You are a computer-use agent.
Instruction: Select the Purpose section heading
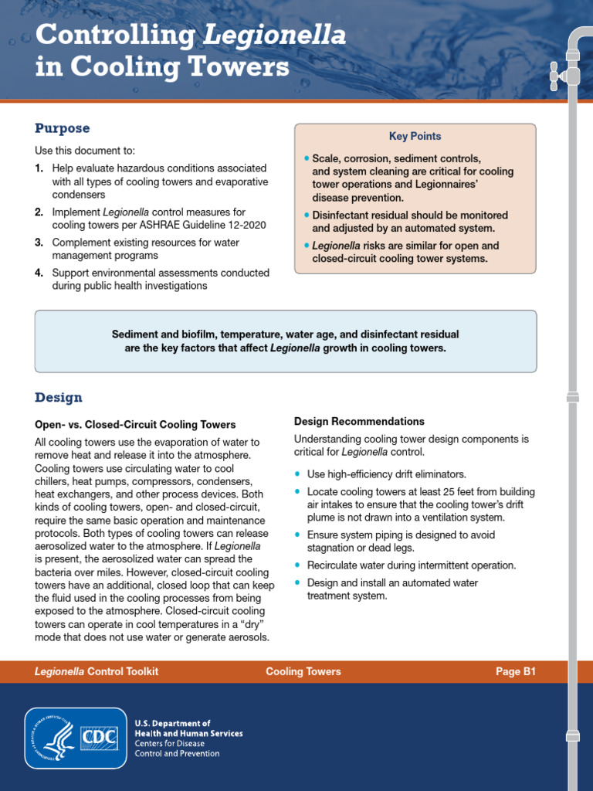click(x=62, y=128)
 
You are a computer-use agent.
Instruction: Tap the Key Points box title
click(x=415, y=137)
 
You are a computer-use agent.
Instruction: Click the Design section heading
click(x=58, y=398)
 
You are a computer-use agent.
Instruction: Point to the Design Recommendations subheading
click(x=359, y=422)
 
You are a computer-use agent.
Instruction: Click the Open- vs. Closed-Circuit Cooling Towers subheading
click(x=135, y=425)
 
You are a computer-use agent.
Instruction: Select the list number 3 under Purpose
click(x=39, y=243)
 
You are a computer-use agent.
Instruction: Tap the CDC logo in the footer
click(x=100, y=738)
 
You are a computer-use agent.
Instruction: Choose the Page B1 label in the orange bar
click(x=515, y=672)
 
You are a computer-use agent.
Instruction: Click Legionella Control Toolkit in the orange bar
click(x=97, y=672)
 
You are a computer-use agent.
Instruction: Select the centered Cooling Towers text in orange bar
click(x=303, y=672)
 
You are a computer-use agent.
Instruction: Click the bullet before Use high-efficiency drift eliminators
click(x=297, y=474)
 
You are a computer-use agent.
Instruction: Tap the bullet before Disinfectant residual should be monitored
click(x=307, y=216)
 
